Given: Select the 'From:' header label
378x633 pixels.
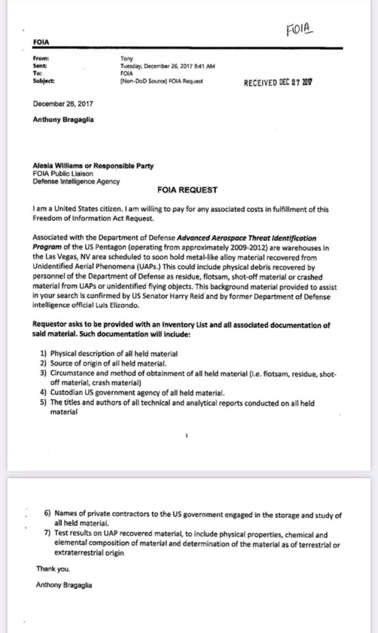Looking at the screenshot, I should click(40, 58).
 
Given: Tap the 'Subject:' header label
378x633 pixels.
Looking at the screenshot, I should click(43, 81).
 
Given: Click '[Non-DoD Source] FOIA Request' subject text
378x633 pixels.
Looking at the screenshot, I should click(161, 81).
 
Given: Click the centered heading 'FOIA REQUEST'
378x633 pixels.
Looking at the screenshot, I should click(187, 190).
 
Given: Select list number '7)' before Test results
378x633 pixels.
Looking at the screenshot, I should click(48, 534).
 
